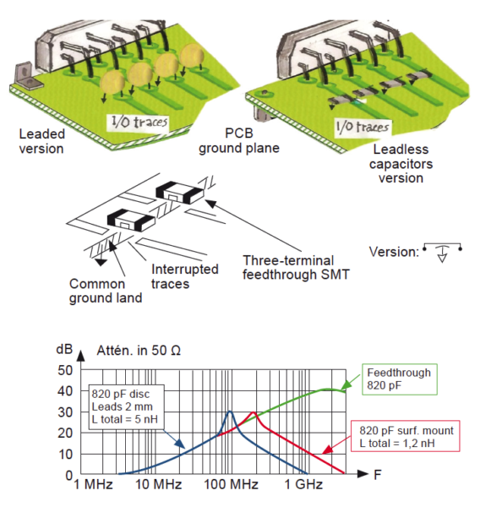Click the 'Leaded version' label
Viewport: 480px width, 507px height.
43,142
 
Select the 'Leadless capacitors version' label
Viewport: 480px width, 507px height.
402,162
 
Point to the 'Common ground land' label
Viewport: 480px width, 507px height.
96,292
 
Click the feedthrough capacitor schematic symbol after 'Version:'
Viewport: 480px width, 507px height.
441,252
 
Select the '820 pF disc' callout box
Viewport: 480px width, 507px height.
130,406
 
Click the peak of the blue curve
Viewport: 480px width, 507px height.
230,412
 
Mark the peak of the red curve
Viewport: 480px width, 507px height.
254,412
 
